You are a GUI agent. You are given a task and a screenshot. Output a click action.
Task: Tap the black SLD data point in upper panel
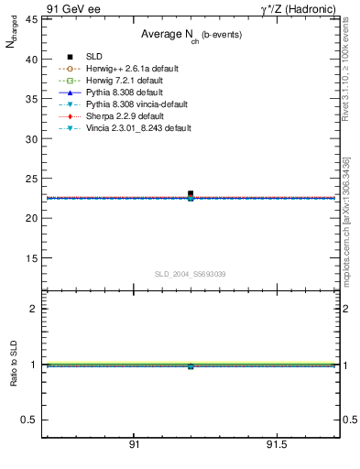tap(191, 194)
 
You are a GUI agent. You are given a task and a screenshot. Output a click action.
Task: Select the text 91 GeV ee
tap(73, 7)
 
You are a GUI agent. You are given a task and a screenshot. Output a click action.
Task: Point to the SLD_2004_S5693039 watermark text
tap(190, 274)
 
